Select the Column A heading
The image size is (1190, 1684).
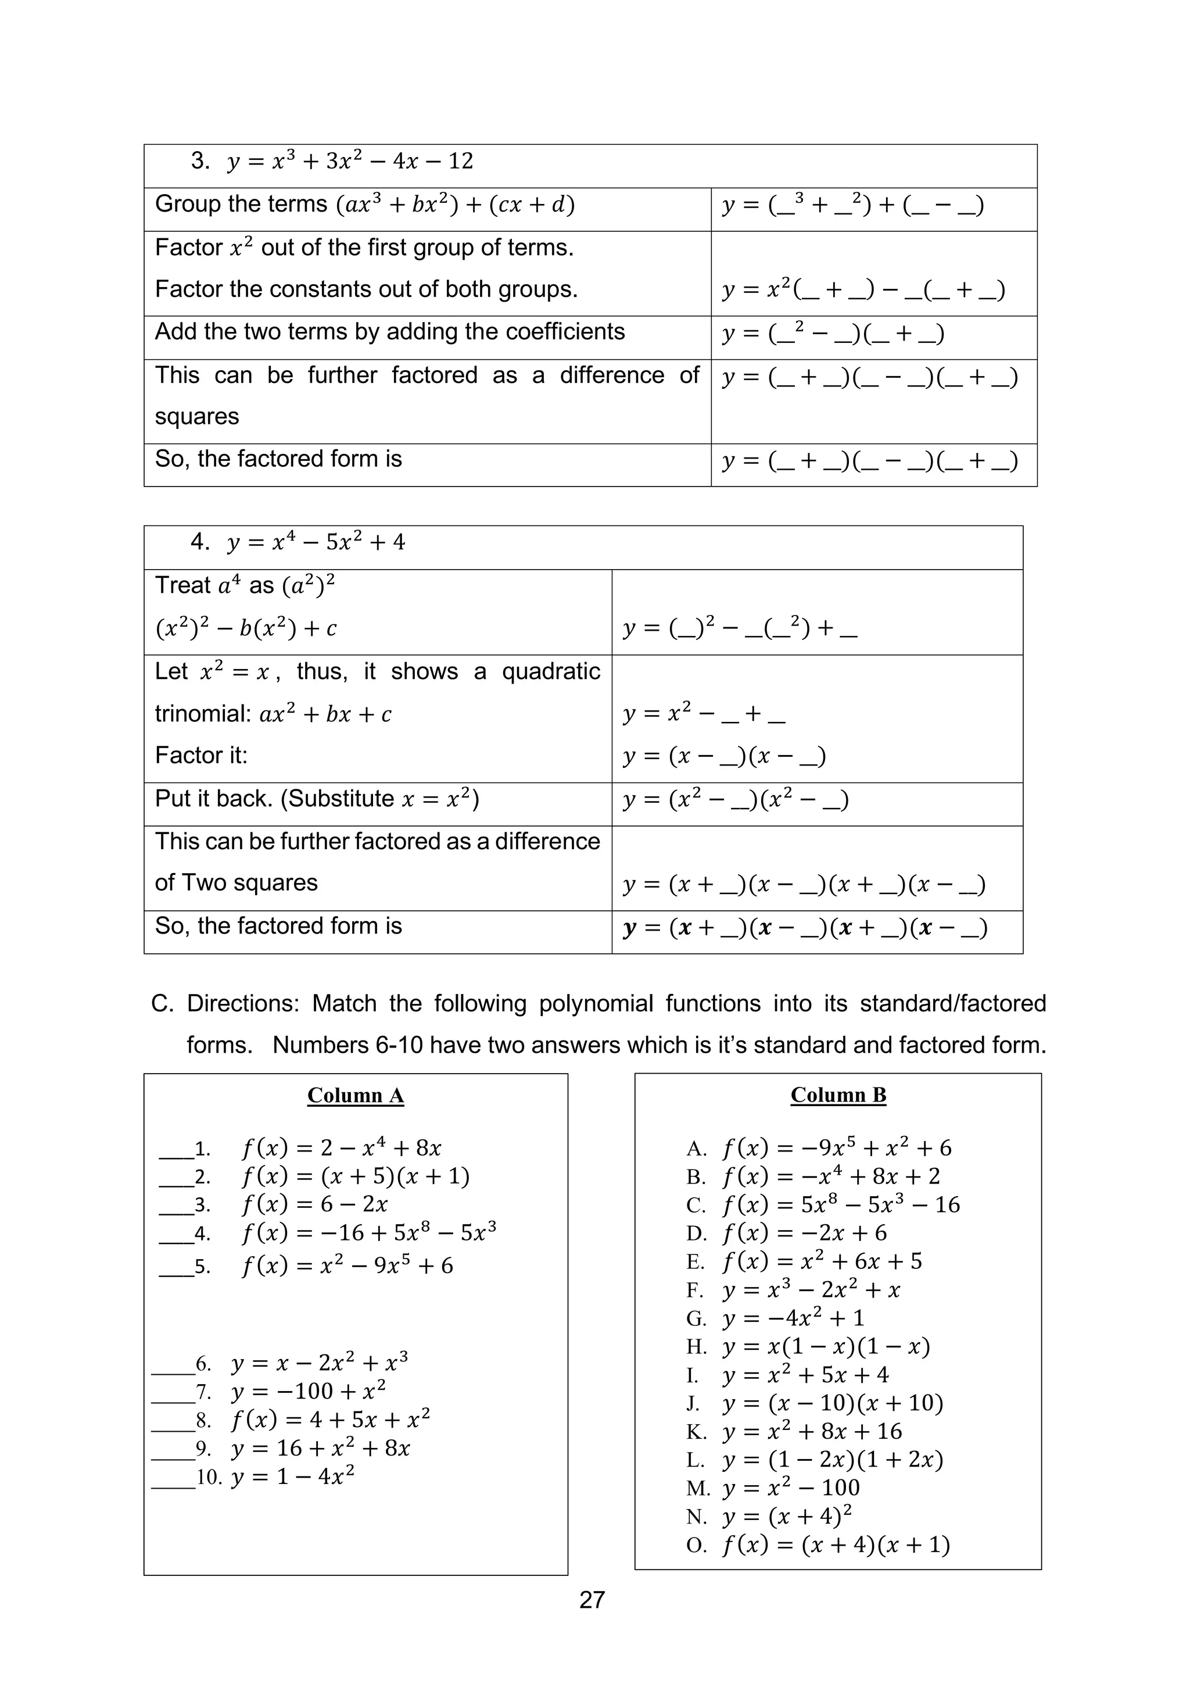(x=356, y=1096)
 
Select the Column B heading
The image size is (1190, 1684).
(x=838, y=1095)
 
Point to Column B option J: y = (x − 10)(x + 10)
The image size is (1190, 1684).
(x=832, y=1403)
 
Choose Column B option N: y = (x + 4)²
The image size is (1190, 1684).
(x=787, y=1516)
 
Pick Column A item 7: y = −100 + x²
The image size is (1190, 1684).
(x=308, y=1392)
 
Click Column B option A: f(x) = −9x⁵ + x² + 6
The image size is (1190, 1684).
(x=836, y=1148)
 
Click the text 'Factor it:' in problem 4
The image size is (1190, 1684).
(x=201, y=756)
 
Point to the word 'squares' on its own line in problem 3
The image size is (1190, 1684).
(x=196, y=417)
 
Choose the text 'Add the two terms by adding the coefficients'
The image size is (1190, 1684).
(x=389, y=331)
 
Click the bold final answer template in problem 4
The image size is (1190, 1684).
(x=804, y=928)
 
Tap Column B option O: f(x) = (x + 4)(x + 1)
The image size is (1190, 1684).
(x=835, y=1544)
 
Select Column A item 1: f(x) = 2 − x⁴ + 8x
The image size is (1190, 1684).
(x=341, y=1148)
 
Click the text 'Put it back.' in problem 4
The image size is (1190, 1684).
(x=213, y=799)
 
